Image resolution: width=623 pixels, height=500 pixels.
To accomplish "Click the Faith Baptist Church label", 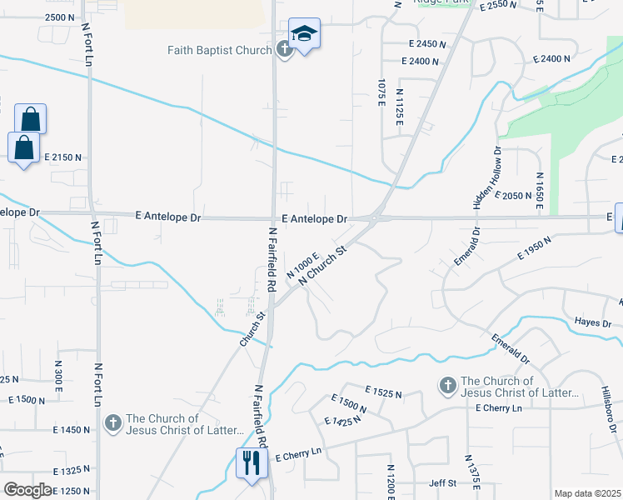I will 219,50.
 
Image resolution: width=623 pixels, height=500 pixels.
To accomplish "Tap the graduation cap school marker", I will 304,35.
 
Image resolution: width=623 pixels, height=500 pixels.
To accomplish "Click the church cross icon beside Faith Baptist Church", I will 284,50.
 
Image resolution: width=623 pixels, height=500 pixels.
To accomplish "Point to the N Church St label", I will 322,265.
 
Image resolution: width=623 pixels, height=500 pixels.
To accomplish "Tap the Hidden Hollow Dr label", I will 487,177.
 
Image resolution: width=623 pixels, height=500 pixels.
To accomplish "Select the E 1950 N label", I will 535,249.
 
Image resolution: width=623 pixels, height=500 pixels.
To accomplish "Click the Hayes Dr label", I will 594,322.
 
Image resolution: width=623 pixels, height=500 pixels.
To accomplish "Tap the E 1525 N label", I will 383,392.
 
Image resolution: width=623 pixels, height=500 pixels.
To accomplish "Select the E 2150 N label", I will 64,157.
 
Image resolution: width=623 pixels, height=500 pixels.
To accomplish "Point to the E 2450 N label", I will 427,44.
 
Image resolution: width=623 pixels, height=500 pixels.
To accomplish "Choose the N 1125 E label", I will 400,107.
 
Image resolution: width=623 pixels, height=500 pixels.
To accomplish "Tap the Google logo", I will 27,489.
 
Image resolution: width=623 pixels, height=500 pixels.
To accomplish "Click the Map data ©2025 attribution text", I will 587,493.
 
